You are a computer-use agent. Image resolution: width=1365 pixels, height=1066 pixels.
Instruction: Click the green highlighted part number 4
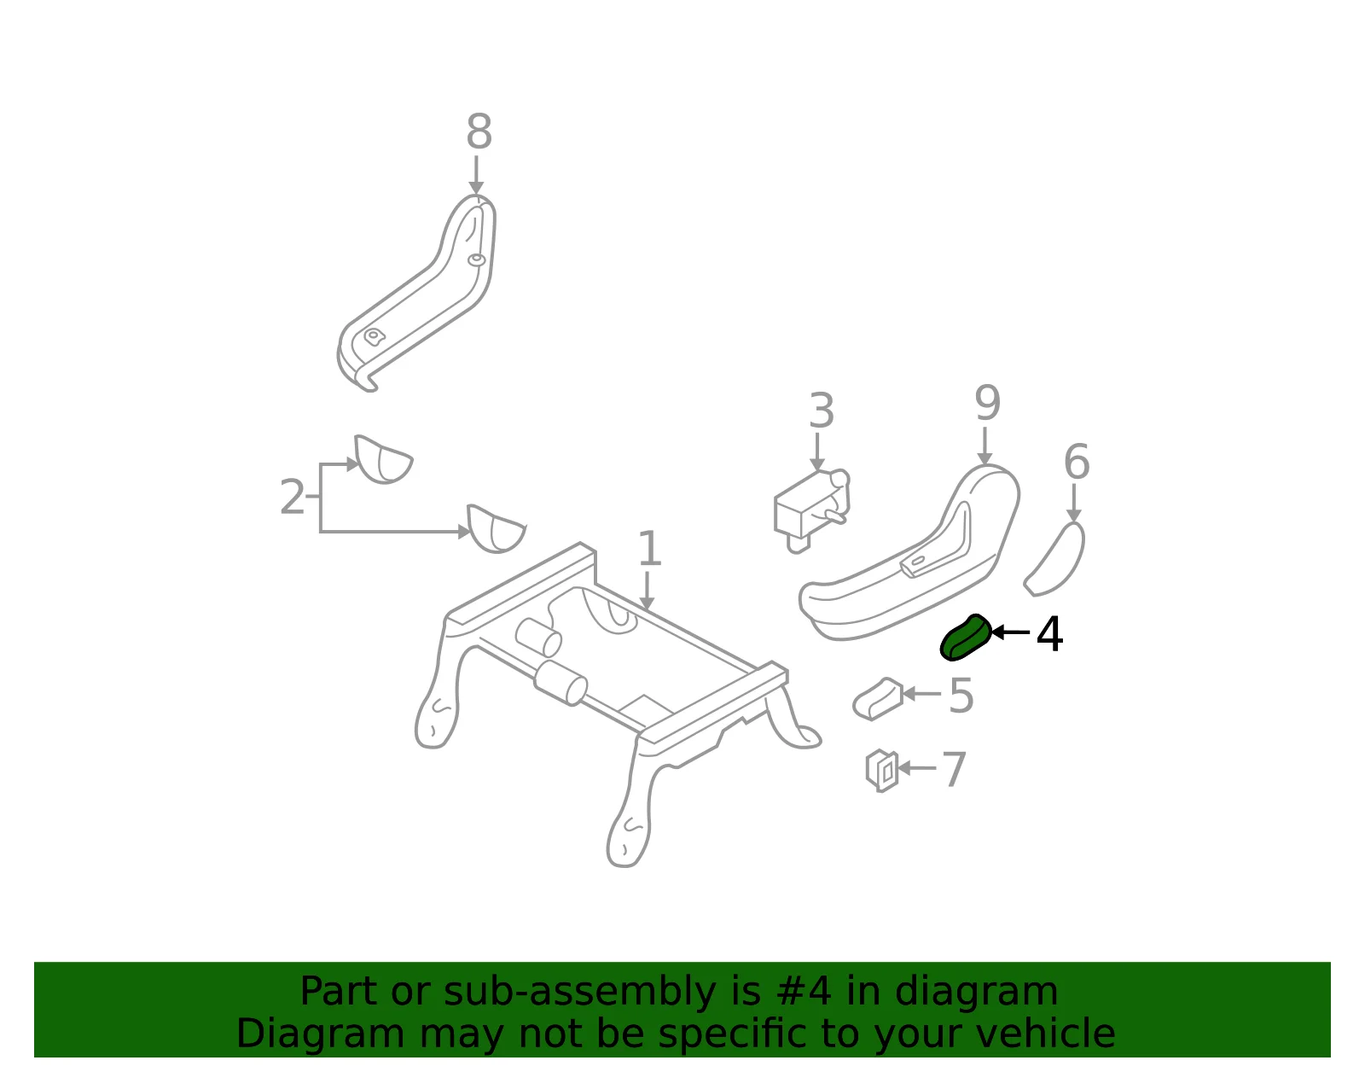pos(965,638)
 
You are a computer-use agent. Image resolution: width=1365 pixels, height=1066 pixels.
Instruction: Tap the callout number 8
pos(479,132)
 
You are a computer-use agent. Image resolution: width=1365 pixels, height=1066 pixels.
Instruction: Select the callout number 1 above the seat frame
pos(649,549)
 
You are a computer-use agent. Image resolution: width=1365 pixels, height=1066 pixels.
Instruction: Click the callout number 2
pos(292,497)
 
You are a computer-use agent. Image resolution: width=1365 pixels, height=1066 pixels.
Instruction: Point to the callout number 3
pos(821,411)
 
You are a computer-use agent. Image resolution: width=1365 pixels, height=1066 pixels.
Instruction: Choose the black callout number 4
pos(1049,634)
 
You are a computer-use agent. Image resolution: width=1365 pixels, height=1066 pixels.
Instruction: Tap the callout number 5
pos(961,696)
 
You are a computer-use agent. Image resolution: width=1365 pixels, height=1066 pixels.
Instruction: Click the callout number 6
pos(1076,461)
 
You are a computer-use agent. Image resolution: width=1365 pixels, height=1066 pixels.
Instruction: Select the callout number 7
pos(954,769)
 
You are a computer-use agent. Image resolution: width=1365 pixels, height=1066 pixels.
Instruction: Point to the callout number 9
pos(987,403)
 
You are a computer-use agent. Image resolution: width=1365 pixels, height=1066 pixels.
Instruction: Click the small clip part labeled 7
pos(882,770)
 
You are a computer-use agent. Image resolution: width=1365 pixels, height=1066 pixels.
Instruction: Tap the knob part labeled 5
pos(878,699)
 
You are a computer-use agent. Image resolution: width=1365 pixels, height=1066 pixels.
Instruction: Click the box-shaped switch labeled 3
pos(811,510)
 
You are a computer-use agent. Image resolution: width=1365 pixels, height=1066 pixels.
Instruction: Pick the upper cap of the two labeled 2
pos(383,460)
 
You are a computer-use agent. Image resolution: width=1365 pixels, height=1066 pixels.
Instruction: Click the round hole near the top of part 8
pos(477,259)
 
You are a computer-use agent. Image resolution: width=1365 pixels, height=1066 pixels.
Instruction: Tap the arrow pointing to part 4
pos(1011,632)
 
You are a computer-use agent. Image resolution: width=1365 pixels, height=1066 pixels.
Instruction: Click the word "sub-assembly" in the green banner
pos(579,992)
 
